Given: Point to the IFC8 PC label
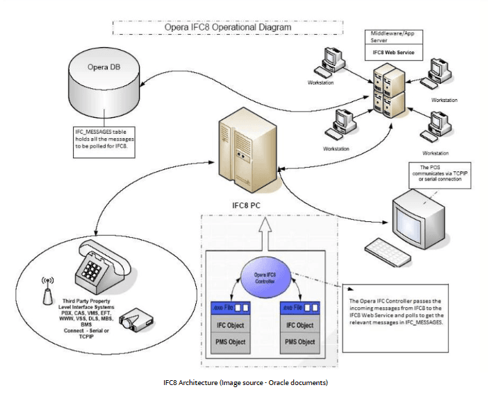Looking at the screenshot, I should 247,207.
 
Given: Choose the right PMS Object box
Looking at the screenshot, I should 299,341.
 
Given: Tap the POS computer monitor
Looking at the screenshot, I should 418,212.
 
